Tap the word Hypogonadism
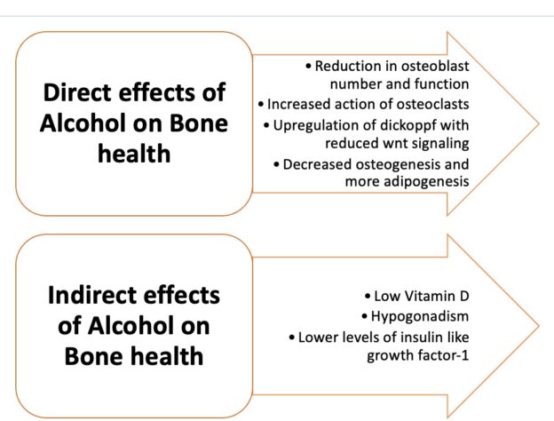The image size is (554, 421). tap(420, 316)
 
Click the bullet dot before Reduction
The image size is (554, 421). tap(309, 67)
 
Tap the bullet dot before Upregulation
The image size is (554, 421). tap(267, 126)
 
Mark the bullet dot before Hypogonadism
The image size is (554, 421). tap(365, 317)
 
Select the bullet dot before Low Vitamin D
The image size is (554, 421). tap(368, 297)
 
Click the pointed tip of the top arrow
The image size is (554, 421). tap(539, 123)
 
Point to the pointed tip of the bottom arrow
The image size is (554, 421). tap(539, 326)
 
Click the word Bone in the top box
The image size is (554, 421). tap(199, 123)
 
